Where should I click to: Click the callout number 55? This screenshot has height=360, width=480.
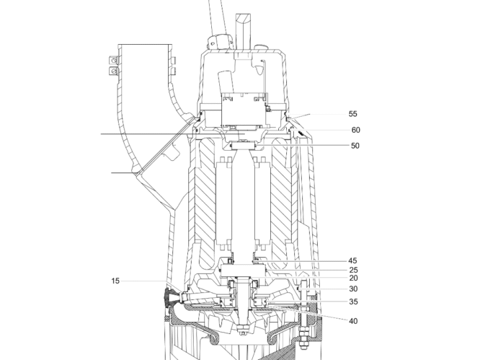[x=352, y=114]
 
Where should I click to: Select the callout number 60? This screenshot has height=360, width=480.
[x=356, y=130]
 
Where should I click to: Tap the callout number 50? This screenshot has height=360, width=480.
[x=355, y=146]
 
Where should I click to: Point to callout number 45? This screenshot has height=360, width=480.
[x=352, y=260]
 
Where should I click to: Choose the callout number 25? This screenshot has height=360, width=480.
[x=354, y=271]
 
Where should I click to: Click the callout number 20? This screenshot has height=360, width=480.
[x=354, y=278]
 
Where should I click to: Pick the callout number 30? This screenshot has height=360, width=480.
[x=353, y=289]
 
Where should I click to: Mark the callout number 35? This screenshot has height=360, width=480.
[x=354, y=302]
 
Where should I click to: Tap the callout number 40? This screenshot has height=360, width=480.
[x=353, y=321]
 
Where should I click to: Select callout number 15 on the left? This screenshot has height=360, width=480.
[x=115, y=281]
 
